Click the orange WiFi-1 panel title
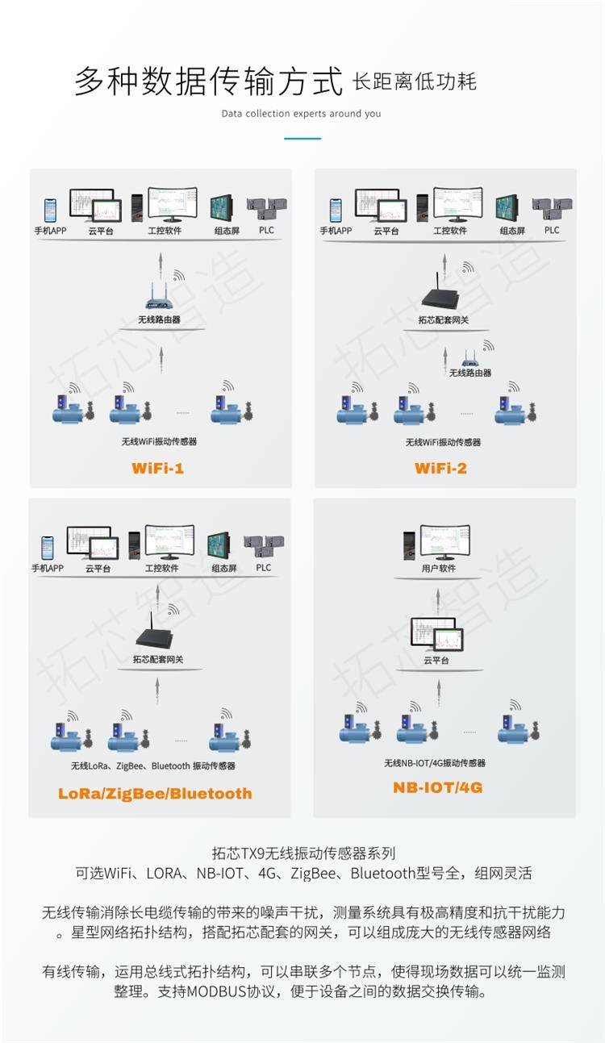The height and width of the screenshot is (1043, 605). point(158,468)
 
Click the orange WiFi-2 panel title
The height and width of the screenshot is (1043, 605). point(440,468)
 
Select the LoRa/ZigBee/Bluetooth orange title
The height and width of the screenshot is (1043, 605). point(155,793)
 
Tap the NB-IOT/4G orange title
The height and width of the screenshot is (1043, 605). point(438,786)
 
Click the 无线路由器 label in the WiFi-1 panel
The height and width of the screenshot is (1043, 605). point(159,319)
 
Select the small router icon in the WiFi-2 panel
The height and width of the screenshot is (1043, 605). point(470,360)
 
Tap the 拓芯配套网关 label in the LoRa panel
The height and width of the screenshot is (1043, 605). point(158,659)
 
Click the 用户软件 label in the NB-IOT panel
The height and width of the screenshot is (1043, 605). point(439,568)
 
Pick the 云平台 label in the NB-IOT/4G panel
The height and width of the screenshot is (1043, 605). point(436,660)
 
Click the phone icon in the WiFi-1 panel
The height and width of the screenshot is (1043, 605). point(50,211)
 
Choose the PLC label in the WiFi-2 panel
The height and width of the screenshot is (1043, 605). point(552,230)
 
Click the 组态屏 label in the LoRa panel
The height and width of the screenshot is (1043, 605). point(224,568)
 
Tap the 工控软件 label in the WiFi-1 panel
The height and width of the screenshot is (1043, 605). point(165,231)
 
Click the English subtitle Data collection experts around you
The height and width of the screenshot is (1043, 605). point(301,114)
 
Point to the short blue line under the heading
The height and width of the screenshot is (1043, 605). point(302,139)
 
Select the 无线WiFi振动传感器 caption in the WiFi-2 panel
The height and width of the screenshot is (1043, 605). point(443,442)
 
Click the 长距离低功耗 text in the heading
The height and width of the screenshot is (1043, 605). point(415,82)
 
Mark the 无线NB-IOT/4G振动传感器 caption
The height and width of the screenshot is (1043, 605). point(435,763)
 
